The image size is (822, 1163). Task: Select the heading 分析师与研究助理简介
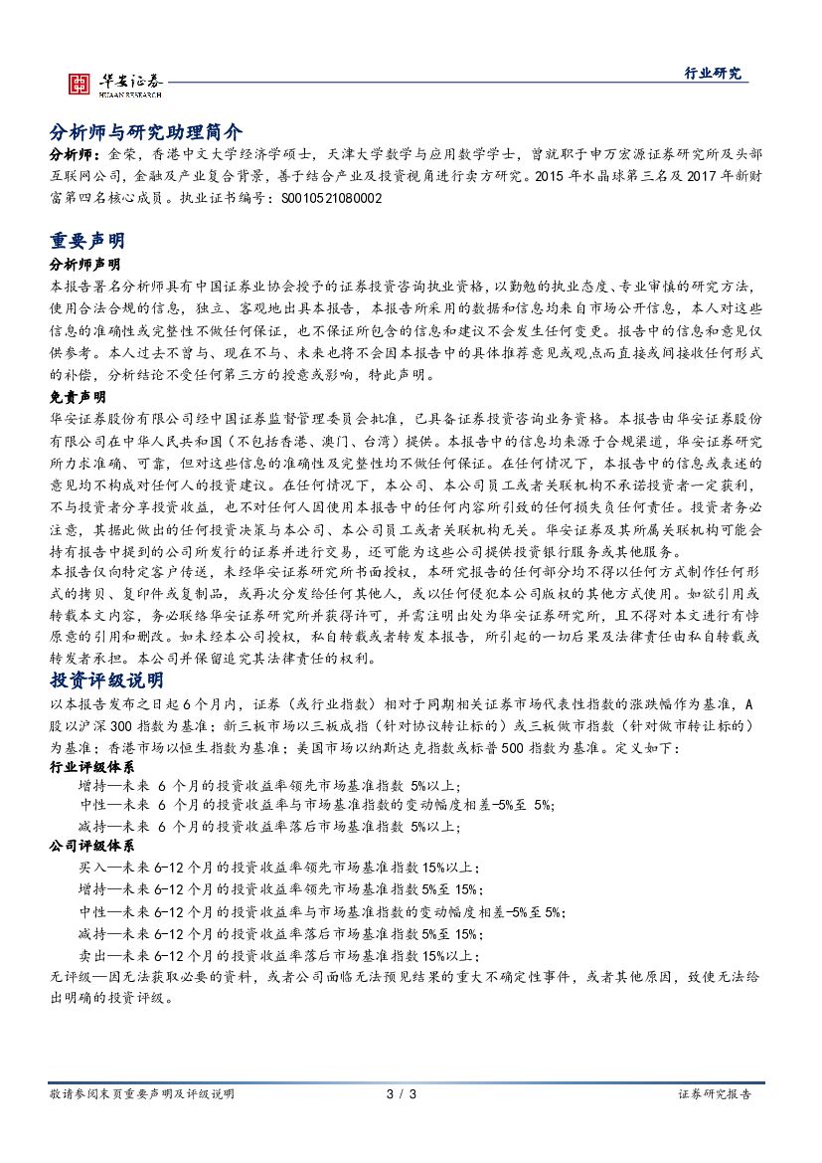145,132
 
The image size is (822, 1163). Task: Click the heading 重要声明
86,243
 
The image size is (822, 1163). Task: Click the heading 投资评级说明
106,680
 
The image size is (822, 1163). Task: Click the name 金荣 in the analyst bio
113,155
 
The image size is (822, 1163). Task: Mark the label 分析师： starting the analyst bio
74,155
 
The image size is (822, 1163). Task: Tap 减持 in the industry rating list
90,825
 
